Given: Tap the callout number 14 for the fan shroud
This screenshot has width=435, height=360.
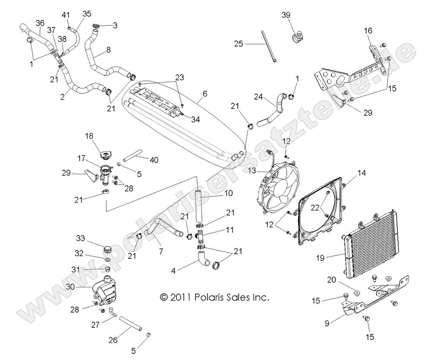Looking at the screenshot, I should (x=361, y=173).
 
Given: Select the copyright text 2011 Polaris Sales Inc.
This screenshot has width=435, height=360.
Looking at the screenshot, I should (x=214, y=297).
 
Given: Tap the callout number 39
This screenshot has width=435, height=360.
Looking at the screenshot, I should (x=286, y=15).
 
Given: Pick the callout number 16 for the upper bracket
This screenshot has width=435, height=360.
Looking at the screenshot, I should (x=368, y=31).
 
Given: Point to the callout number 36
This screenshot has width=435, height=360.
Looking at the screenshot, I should (x=40, y=23).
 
